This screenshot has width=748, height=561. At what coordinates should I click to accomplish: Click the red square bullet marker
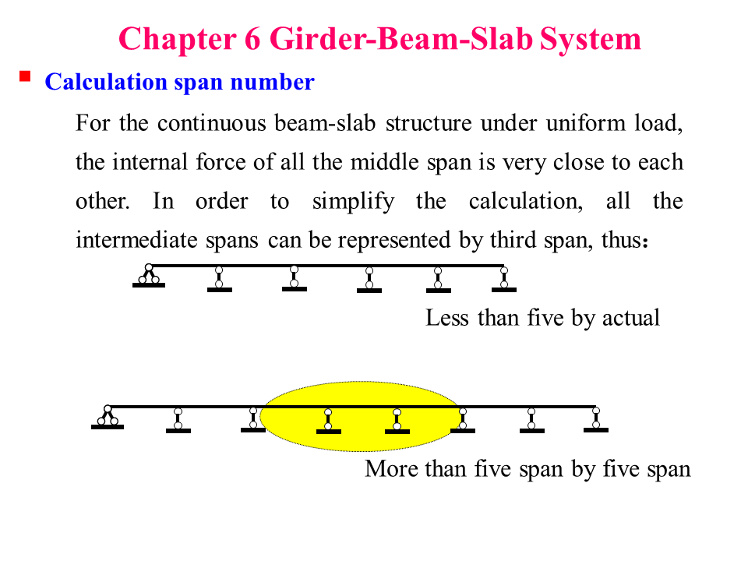click(x=25, y=76)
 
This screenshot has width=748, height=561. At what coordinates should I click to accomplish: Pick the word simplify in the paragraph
click(x=353, y=201)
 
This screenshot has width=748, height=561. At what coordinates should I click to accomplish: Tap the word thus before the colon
click(x=619, y=240)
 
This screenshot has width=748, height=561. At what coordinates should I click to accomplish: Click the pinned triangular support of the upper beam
click(x=148, y=277)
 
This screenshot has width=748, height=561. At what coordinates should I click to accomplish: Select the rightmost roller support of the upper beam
click(x=504, y=279)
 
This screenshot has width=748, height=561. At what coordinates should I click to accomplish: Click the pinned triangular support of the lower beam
click(x=108, y=418)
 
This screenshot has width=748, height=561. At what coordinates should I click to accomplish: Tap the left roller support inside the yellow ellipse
click(x=329, y=421)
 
